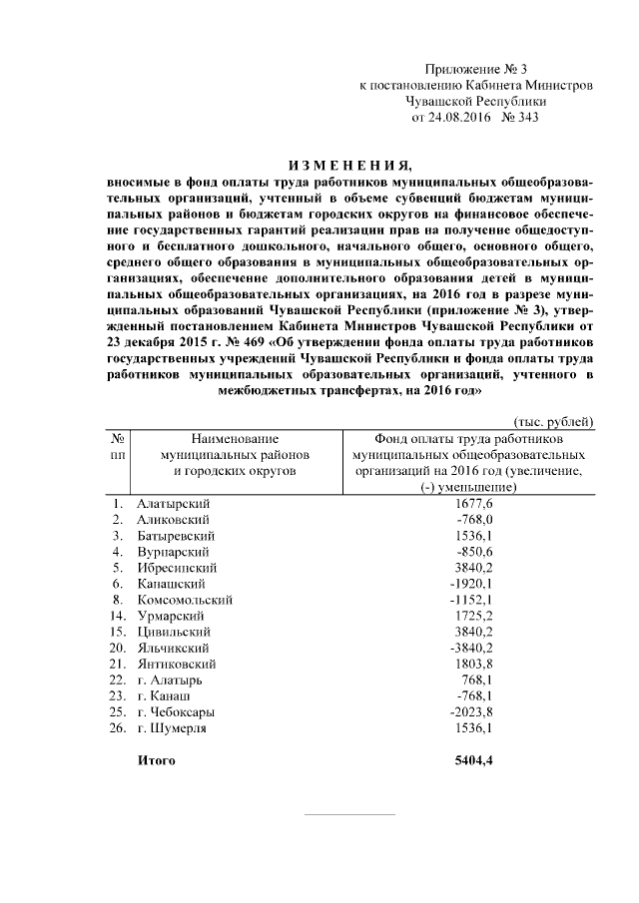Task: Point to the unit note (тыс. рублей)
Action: (554, 423)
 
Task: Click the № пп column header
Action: (119, 445)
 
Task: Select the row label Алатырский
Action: (175, 504)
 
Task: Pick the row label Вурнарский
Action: (173, 552)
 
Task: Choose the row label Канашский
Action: (172, 584)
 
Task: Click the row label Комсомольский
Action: (186, 600)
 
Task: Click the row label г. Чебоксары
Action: (177, 711)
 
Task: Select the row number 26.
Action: (118, 727)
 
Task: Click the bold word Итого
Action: (156, 761)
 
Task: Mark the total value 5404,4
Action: (474, 761)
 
